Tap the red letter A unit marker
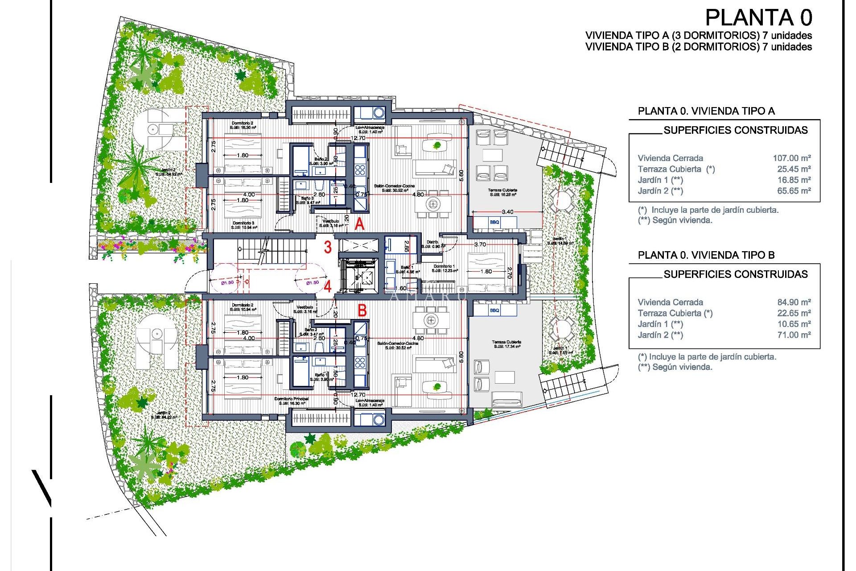click(x=359, y=224)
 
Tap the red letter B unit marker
click(x=362, y=310)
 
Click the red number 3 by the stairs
click(x=328, y=247)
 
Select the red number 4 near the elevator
click(x=328, y=286)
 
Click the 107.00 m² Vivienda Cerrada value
click(x=791, y=158)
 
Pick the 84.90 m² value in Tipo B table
click(x=794, y=302)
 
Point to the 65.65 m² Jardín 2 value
click(x=794, y=191)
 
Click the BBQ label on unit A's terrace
click(x=494, y=222)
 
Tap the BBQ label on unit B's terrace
click(x=494, y=310)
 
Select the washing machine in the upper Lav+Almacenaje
click(x=379, y=113)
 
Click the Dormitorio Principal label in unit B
click(x=292, y=399)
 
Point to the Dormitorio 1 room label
click(x=444, y=266)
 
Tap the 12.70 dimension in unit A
click(x=358, y=138)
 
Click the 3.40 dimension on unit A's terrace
click(x=507, y=212)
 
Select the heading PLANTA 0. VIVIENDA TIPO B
click(x=706, y=255)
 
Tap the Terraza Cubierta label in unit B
click(x=507, y=342)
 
